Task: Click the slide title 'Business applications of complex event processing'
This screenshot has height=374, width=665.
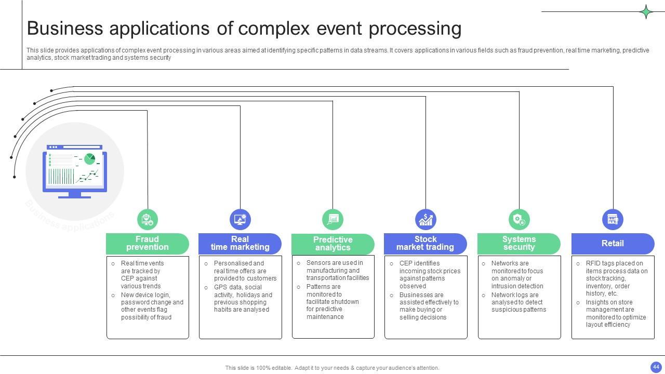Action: (244, 29)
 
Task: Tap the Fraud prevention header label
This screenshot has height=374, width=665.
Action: (147, 243)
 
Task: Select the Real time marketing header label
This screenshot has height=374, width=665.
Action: (240, 243)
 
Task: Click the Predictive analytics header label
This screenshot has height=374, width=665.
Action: (332, 244)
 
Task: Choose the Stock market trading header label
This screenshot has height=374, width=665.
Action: (425, 243)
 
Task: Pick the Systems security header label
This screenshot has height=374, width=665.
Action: (518, 243)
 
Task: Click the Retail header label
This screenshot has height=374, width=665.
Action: (612, 243)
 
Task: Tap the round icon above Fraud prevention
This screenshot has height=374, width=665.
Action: (148, 220)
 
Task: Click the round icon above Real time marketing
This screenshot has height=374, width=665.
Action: (240, 220)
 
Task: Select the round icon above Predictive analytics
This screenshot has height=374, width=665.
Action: (332, 220)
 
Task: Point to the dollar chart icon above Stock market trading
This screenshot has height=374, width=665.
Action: (425, 220)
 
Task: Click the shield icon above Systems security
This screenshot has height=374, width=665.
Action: (519, 220)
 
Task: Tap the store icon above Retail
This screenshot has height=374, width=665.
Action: (613, 220)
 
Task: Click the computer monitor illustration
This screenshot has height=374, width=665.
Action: (75, 171)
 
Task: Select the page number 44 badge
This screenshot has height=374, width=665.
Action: (656, 367)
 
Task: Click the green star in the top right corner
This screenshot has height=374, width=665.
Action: (646, 11)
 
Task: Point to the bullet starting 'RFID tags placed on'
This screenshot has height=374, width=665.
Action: (616, 278)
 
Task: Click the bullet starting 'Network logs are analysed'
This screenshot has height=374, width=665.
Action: (518, 302)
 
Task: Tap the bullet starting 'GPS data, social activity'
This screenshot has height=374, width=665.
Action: (243, 298)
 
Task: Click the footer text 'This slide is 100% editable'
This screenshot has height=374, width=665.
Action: (332, 368)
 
